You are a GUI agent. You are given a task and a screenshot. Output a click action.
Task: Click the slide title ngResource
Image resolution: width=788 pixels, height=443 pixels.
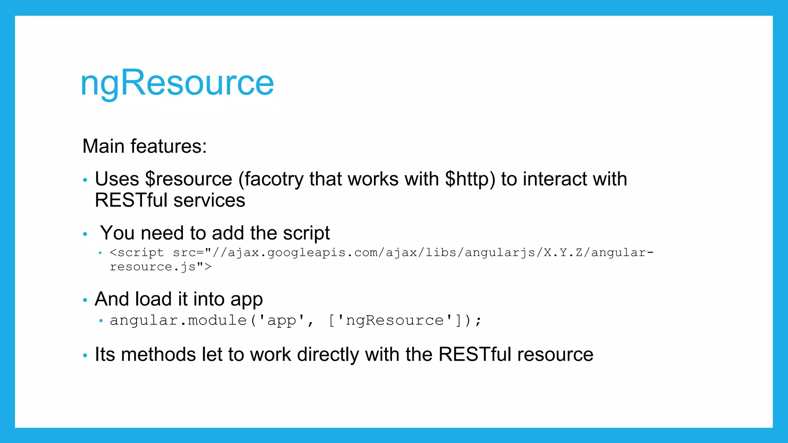pyautogui.click(x=177, y=83)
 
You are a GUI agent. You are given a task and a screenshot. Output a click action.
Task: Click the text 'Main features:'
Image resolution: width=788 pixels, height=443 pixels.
pyautogui.click(x=144, y=147)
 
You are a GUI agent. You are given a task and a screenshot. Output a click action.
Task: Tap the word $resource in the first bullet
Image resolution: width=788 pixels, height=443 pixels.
pyautogui.click(x=189, y=180)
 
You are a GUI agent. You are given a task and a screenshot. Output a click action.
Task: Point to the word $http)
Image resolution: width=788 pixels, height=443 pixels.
pyautogui.click(x=470, y=180)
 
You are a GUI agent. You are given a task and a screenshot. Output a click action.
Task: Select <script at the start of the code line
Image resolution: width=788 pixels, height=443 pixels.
pyautogui.click(x=137, y=253)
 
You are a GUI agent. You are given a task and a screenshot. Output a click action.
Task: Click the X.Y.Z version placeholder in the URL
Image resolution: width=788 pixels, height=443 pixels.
pyautogui.click(x=563, y=253)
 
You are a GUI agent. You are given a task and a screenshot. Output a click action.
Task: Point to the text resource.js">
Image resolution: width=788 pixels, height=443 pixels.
pyautogui.click(x=160, y=267)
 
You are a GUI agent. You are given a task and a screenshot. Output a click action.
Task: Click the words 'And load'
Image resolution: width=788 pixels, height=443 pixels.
pyautogui.click(x=133, y=299)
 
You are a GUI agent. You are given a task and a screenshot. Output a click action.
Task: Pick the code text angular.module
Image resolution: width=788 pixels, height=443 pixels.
pyautogui.click(x=178, y=320)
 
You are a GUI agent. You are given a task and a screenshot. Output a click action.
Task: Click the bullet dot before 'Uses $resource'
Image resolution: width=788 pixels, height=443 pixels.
pyautogui.click(x=85, y=180)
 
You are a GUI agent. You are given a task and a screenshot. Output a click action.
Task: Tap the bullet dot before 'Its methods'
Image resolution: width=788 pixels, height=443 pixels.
pyautogui.click(x=85, y=356)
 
